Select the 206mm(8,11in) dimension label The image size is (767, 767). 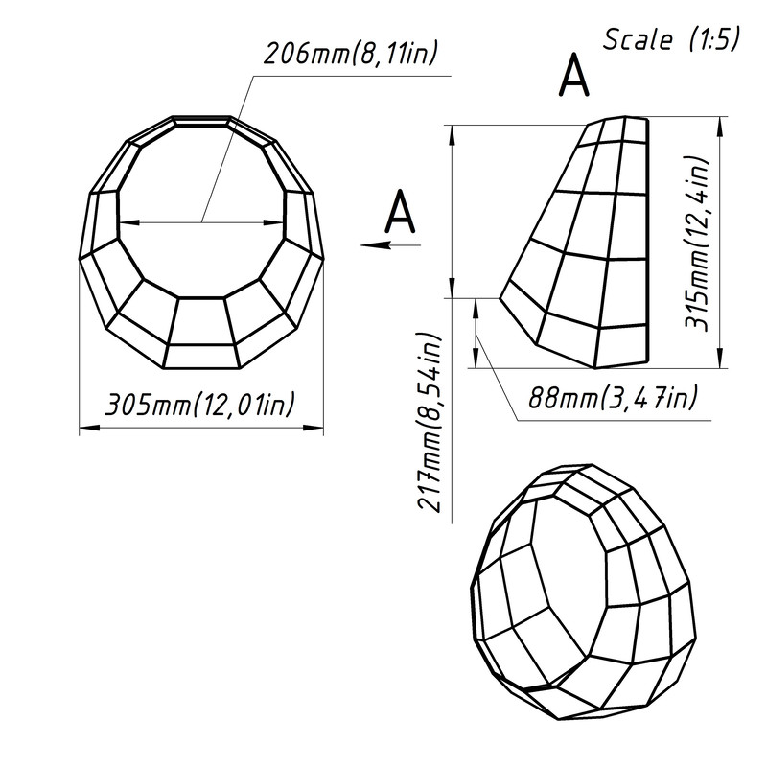point(345,54)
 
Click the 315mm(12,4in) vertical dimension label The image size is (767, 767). point(701,244)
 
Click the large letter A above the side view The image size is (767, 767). point(573,76)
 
